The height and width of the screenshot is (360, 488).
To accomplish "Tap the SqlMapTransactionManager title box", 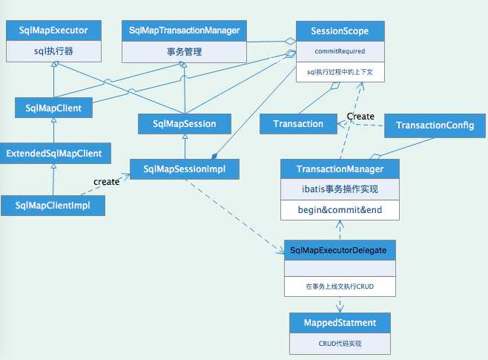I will pos(184,30).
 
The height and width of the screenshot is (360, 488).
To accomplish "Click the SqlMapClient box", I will pos(53,108).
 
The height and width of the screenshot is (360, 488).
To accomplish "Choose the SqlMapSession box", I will pos(184,123).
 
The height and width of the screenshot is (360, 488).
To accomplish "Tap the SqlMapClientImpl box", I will pos(53,206).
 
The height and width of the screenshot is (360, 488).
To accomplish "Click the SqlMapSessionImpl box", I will pos(185,168).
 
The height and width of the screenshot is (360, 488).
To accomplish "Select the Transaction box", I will pos(297,124).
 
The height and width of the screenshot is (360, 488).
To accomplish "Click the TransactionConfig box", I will pos(430,124).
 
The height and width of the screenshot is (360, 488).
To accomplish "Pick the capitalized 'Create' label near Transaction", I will pos(360,117).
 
